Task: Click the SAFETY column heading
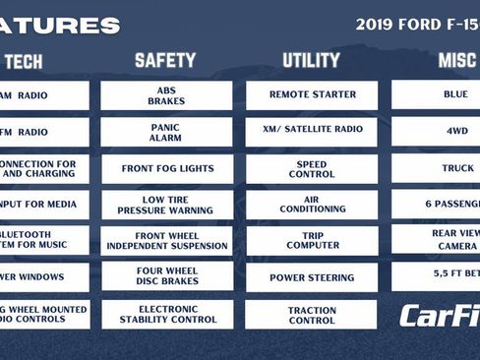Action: (165, 61)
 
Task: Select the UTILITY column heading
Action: (311, 61)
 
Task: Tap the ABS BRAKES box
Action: (166, 95)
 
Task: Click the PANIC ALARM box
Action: (166, 132)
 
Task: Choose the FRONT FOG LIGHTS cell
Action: (166, 168)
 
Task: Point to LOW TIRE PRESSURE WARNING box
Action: (166, 205)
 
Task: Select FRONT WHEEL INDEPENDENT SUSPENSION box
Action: (166, 241)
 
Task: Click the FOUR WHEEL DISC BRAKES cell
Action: (166, 276)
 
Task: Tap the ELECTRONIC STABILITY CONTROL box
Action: (166, 314)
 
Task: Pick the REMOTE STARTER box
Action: (312, 95)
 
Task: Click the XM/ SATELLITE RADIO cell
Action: (312, 132)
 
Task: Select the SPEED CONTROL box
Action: (312, 168)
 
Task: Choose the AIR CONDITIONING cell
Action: (312, 205)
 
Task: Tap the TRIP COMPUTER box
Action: (312, 241)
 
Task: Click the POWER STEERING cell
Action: (312, 277)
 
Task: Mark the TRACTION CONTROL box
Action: (312, 314)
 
